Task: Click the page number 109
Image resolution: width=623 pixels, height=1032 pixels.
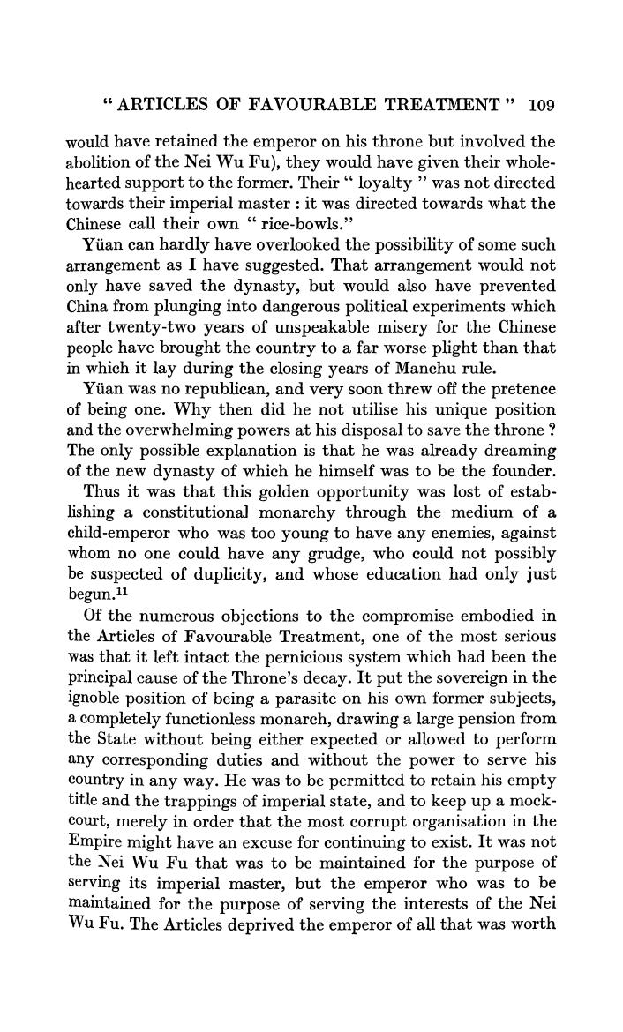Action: [x=539, y=107]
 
